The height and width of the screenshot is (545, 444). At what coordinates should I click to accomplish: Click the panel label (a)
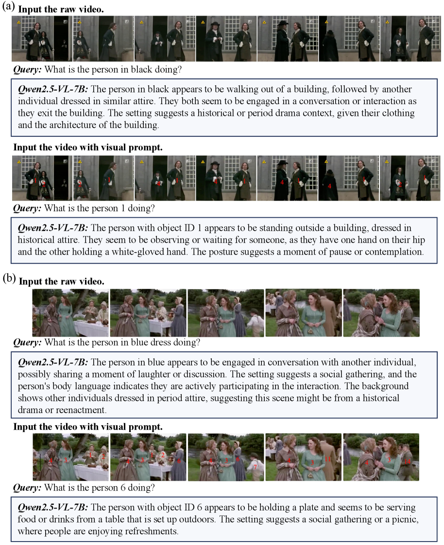click(x=8, y=7)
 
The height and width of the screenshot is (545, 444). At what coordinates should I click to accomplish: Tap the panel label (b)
click(x=9, y=278)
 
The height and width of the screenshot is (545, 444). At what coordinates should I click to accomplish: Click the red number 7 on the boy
click(x=256, y=467)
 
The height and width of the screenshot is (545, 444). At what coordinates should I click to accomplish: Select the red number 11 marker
click(x=328, y=459)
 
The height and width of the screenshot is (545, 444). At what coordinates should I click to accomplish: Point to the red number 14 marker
click(x=407, y=462)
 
